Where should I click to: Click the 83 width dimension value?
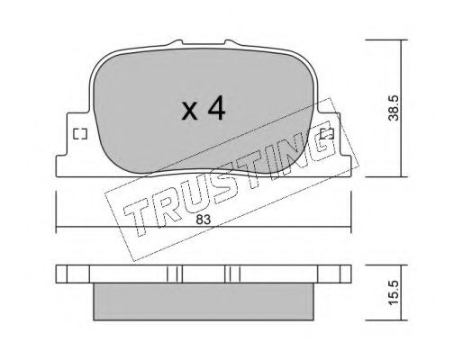click(204, 220)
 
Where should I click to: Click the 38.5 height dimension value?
click(393, 108)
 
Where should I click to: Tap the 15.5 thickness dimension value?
click(393, 292)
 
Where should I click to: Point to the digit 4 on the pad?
click(216, 108)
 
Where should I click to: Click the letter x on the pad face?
click(190, 111)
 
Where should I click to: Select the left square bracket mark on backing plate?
click(80, 134)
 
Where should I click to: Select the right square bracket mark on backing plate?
click(327, 134)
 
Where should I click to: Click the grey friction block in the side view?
click(204, 301)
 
